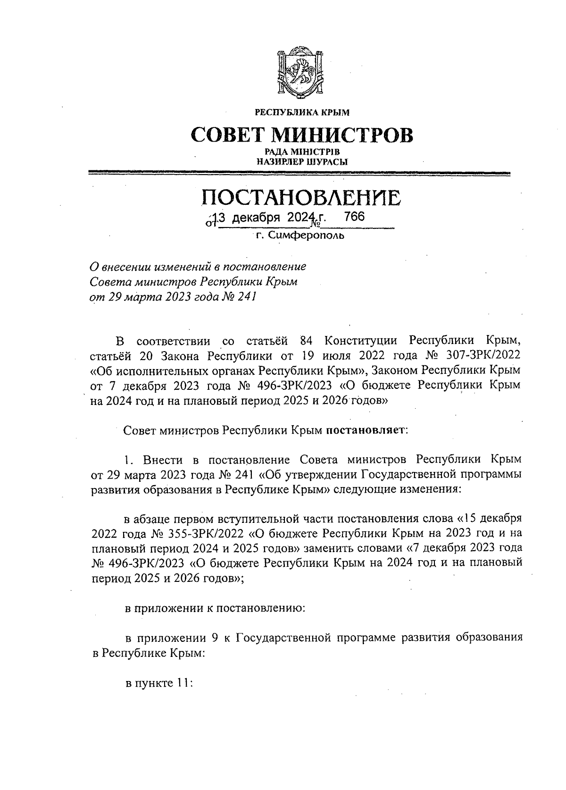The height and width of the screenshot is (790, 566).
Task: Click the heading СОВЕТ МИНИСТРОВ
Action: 302,135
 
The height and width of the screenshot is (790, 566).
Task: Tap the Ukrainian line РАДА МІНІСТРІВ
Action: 302,152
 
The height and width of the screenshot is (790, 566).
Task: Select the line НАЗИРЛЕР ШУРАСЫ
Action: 302,161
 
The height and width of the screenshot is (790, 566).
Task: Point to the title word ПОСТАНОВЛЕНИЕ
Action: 302,198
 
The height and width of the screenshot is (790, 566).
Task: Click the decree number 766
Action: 355,217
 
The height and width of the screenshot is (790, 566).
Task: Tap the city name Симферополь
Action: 306,235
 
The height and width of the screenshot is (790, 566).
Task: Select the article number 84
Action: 307,341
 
